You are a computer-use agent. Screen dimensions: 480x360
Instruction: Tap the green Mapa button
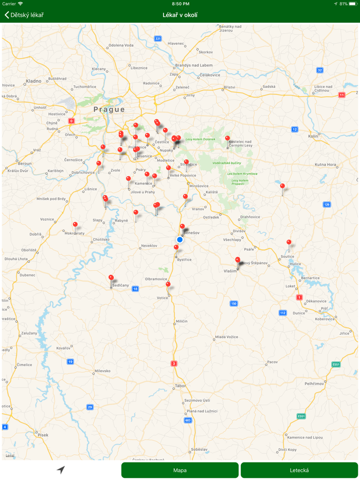(180, 470)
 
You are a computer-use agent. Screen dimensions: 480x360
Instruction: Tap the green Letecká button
(299, 470)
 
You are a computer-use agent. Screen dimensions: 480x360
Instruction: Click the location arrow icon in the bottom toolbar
(61, 470)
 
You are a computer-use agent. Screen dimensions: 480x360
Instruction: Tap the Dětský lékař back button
(24, 15)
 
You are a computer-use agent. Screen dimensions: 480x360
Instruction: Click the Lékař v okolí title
(180, 15)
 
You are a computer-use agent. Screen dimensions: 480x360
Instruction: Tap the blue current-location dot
(179, 239)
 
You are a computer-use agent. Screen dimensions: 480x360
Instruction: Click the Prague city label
(109, 109)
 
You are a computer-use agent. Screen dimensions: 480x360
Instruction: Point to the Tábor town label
(180, 385)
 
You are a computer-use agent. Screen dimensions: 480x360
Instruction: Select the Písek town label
(43, 435)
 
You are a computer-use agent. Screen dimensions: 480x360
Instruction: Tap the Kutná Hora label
(326, 164)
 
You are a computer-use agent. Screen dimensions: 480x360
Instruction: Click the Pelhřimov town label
(314, 383)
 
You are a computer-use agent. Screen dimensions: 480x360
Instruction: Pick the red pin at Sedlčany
(111, 278)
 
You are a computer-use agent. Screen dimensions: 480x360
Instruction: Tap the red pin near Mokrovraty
(75, 225)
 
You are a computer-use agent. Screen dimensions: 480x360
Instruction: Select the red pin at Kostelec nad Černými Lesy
(227, 138)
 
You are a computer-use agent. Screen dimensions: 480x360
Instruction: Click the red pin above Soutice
(289, 242)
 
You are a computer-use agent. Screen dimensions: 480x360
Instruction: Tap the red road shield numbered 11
(341, 95)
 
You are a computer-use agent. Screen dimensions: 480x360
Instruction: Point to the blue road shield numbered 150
(233, 304)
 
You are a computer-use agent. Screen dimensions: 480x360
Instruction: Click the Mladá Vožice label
(227, 337)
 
